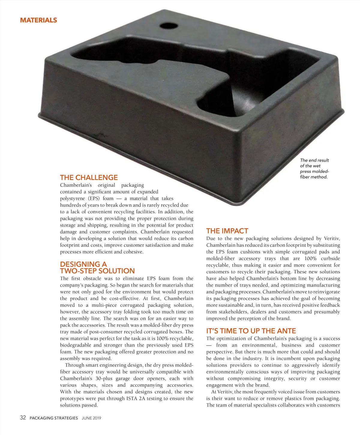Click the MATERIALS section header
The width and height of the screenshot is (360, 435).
38,20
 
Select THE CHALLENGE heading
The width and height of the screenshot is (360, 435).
89,177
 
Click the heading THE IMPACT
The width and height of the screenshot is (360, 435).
227,231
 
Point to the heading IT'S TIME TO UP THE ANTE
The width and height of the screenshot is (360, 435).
251,331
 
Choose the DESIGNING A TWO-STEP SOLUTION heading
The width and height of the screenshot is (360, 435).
97,267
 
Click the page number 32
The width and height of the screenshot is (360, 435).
23,418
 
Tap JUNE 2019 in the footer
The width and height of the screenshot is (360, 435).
91,418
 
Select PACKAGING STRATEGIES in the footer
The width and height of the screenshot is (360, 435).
54,418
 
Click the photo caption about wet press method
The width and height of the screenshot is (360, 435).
314,169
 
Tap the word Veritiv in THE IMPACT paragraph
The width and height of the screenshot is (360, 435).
332,238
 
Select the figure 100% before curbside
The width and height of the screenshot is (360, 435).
310,258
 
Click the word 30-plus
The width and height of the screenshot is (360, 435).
104,378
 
